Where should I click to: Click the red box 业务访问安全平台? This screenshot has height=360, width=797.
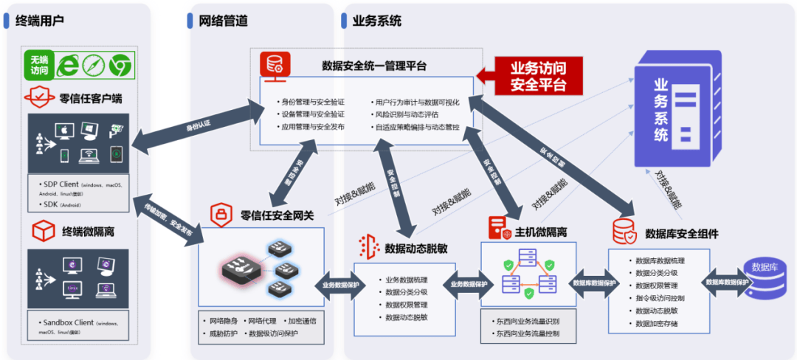click(538, 75)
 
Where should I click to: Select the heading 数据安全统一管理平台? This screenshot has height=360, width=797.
click(374, 66)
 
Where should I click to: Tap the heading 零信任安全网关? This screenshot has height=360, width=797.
click(277, 215)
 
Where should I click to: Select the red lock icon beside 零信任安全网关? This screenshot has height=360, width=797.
click(220, 215)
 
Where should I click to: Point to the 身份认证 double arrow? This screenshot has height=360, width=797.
click(194, 131)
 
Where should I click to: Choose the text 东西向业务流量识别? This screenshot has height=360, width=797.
click(529, 322)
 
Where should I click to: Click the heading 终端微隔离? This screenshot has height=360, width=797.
click(87, 232)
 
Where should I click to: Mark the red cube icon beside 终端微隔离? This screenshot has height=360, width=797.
click(41, 232)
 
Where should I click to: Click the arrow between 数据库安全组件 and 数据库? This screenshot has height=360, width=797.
click(727, 283)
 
